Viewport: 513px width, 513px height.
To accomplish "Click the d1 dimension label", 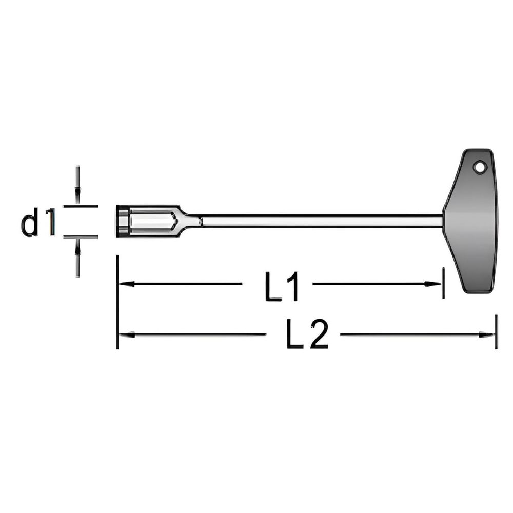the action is pos(38,222).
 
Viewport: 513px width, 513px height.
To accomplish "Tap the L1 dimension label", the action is pos(281,286).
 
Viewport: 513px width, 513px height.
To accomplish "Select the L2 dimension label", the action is pos(307,334).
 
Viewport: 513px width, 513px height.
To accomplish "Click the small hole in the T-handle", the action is pos(479,168).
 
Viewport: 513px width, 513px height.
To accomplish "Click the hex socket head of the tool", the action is pos(147,221).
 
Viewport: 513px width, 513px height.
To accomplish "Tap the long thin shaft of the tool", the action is pos(322,221).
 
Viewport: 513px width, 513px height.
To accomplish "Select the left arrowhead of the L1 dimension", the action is pos(126,284).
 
